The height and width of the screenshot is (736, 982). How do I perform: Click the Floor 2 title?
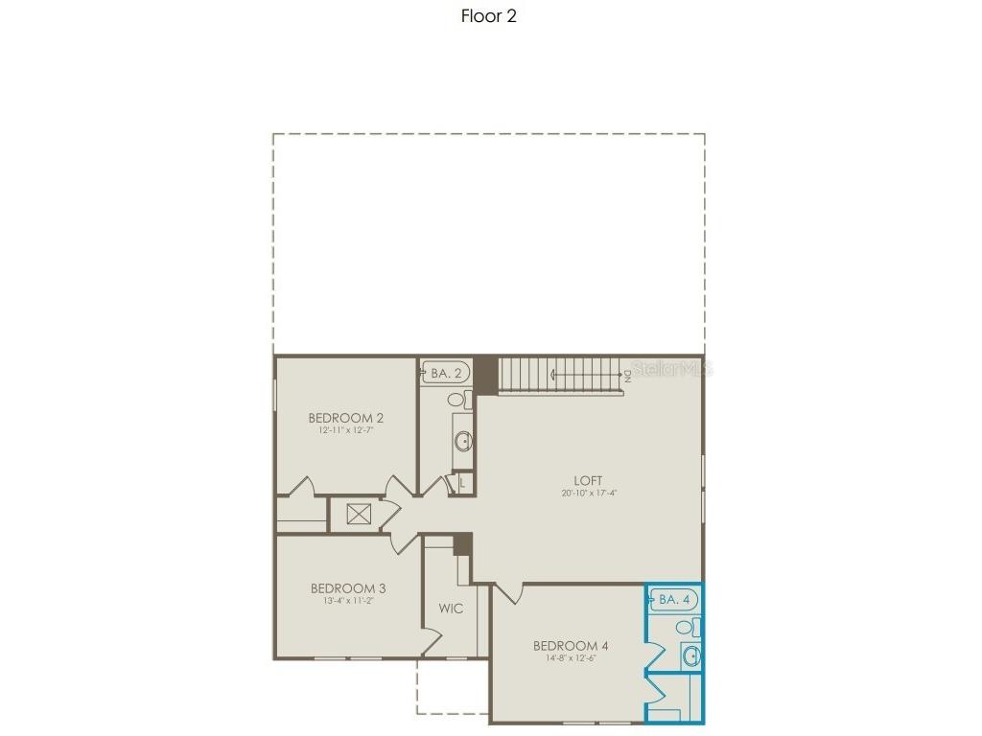[489, 15]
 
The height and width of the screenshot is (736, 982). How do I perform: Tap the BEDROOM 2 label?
[346, 418]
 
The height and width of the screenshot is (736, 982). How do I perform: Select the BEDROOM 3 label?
[348, 588]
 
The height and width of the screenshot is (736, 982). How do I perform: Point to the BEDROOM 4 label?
[571, 645]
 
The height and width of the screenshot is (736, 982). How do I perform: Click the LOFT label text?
[589, 480]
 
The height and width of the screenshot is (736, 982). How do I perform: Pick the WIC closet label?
[452, 609]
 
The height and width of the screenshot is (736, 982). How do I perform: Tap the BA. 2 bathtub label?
[446, 373]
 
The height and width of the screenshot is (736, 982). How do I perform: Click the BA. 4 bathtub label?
[675, 600]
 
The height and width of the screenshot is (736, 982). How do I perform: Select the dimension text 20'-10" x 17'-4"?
[589, 494]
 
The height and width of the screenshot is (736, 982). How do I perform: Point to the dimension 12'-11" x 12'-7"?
[346, 431]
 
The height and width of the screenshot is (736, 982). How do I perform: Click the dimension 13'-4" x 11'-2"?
[348, 602]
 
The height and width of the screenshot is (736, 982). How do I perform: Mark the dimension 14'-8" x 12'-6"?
[571, 658]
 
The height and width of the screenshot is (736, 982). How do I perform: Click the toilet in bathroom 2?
[457, 399]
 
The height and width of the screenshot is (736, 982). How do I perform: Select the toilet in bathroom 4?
[686, 628]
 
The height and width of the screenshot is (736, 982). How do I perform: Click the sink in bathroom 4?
[692, 656]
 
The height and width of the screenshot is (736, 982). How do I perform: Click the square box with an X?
[359, 515]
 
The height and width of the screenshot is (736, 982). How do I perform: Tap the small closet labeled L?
[461, 483]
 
